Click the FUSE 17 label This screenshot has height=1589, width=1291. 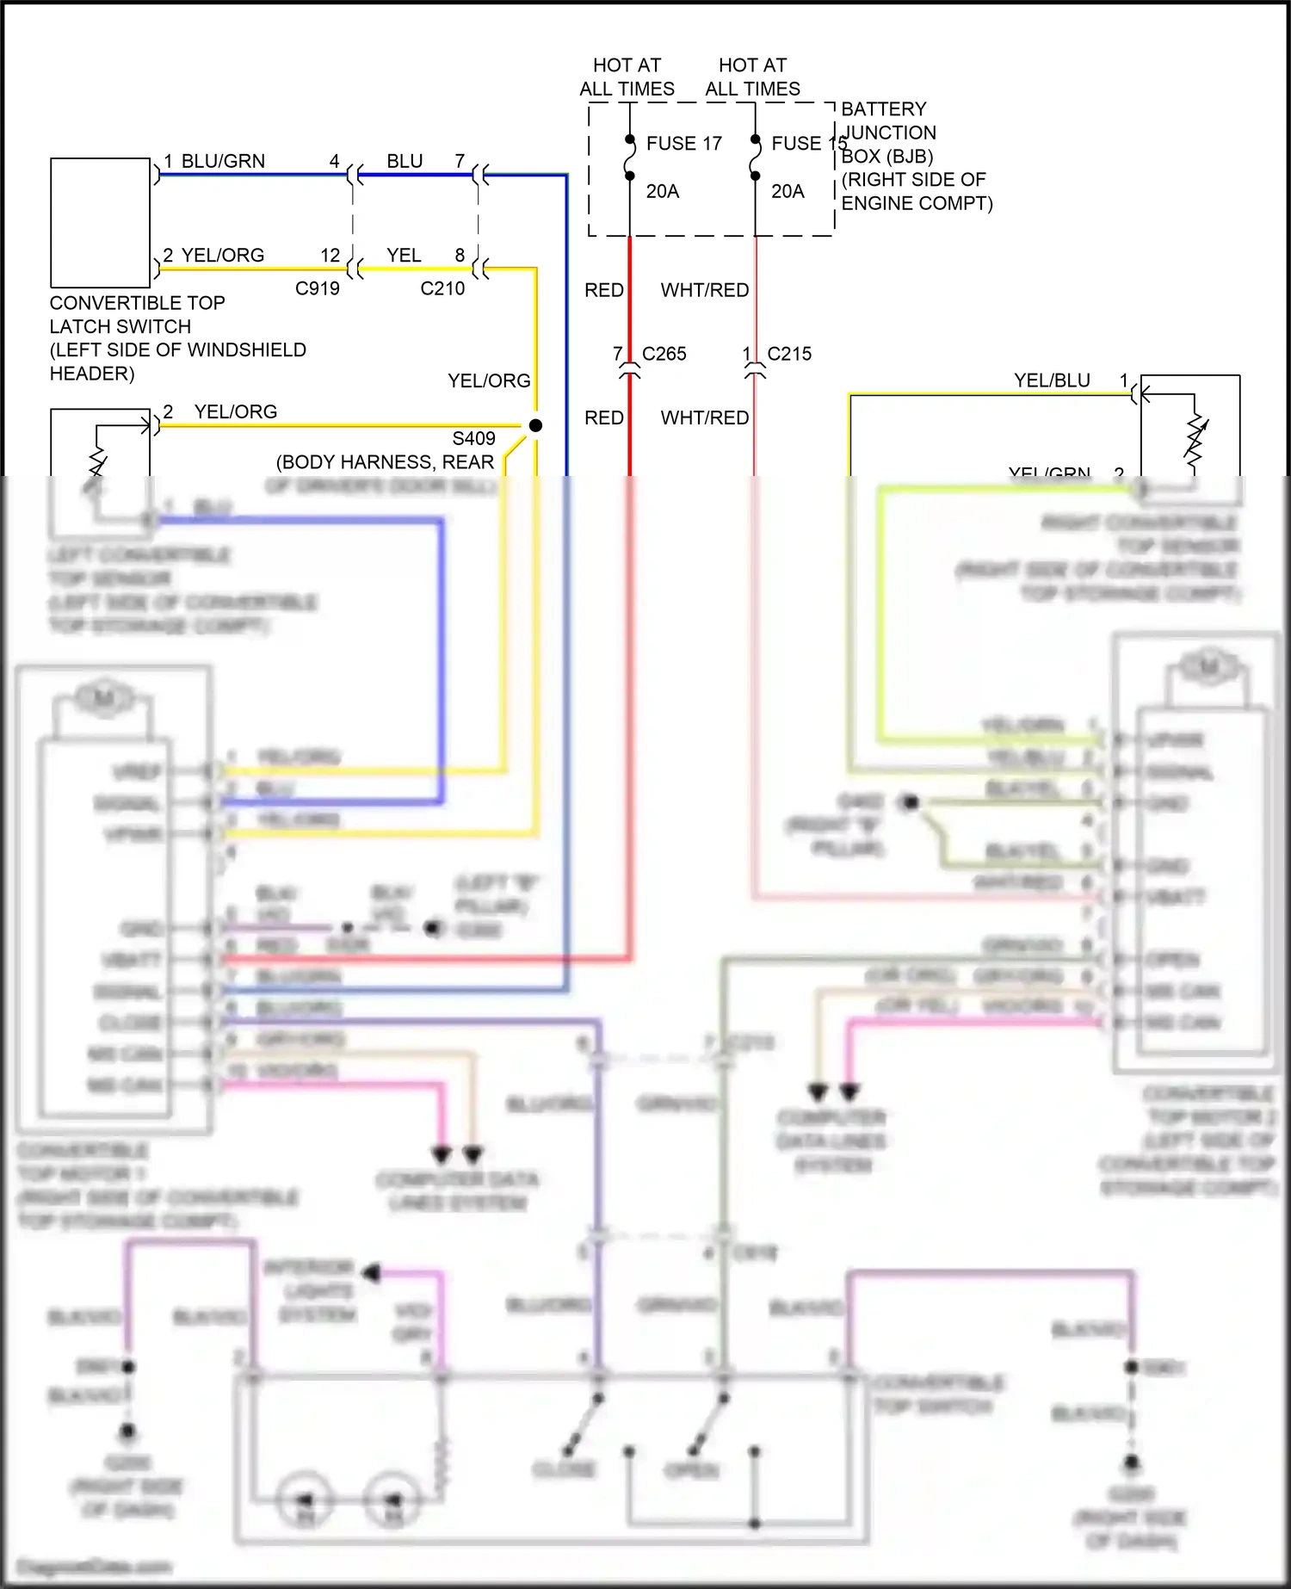[683, 144]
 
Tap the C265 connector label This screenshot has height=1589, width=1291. [664, 354]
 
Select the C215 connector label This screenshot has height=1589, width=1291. [788, 354]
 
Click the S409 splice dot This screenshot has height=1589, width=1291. [535, 425]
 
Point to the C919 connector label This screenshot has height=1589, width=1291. [317, 289]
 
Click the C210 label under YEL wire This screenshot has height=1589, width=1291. [442, 289]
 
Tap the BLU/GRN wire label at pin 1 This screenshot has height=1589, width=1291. [223, 162]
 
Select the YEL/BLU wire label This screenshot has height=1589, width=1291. [1051, 380]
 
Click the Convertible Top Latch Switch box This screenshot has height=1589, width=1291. [100, 222]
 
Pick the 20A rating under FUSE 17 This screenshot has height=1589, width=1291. [662, 191]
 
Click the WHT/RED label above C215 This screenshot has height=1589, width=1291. [704, 291]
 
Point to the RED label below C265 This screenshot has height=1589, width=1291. [603, 418]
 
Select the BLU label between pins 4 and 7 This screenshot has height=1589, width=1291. [405, 162]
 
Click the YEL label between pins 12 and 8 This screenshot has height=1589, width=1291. [404, 256]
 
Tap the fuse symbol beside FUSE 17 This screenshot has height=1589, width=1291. [629, 158]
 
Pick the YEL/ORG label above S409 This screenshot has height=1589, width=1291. [488, 380]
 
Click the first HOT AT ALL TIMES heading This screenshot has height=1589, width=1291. [626, 77]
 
